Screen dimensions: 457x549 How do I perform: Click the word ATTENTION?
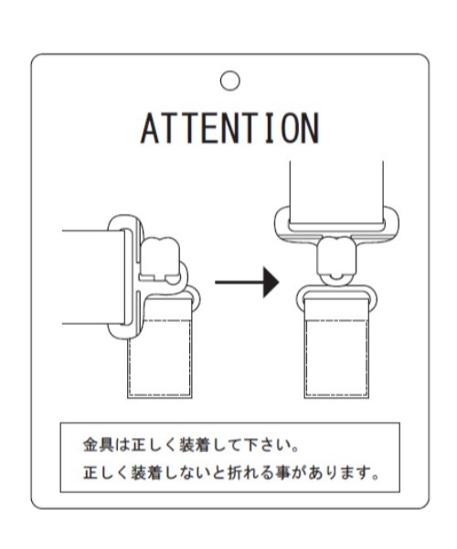tap(229, 128)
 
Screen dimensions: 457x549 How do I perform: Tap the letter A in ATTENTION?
tap(150, 128)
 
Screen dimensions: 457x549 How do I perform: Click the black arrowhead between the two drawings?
tap(271, 282)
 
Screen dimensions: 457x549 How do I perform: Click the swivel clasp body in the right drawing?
tap(336, 255)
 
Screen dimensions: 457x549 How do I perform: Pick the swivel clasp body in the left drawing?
tap(160, 258)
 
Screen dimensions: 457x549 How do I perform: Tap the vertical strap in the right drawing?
tap(336, 194)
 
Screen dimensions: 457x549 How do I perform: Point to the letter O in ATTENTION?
tap(290, 128)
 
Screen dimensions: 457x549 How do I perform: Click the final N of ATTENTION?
tap(311, 128)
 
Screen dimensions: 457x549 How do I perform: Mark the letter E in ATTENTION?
tap(210, 128)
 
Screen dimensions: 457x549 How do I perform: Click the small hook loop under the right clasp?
tap(336, 279)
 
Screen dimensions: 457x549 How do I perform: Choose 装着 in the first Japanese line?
tap(194, 445)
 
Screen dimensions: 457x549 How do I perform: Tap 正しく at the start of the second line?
tap(106, 473)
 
